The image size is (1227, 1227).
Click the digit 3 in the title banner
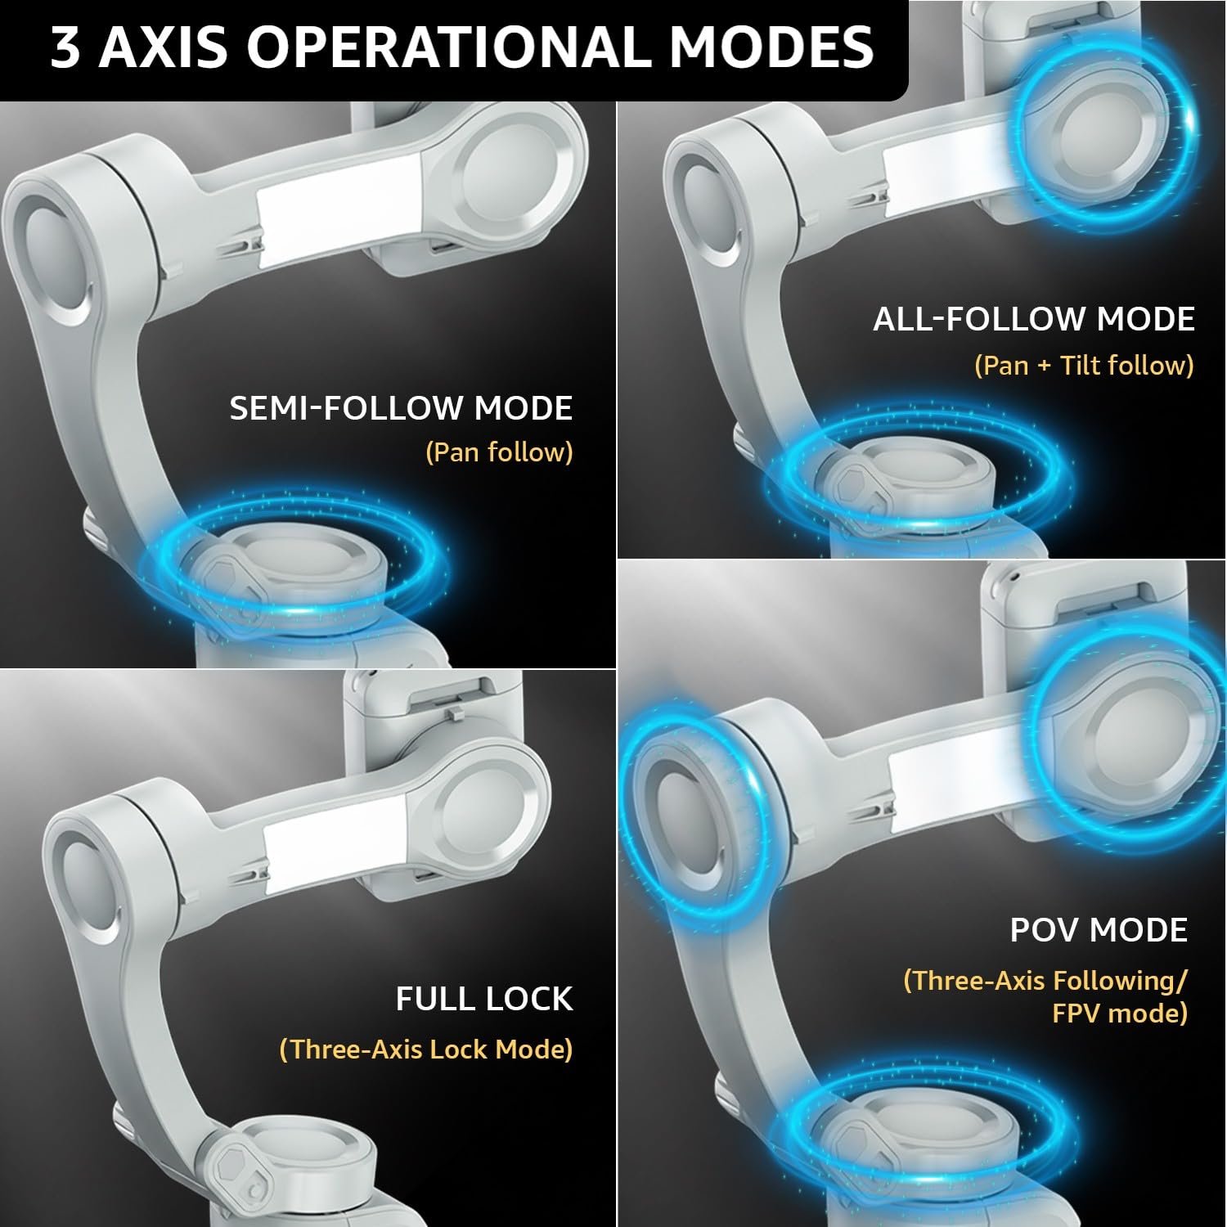pos(65,47)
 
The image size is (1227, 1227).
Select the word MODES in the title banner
pos(772,47)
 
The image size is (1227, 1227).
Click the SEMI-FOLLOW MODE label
pos(401,408)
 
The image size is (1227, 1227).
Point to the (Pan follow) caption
pos(499,452)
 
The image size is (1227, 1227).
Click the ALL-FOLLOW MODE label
pos(1034,319)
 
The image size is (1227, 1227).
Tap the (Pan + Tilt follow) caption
pos(1084,365)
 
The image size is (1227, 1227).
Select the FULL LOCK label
pos(484,999)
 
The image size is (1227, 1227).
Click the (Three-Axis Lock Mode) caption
pos(425,1049)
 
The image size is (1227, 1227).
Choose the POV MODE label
pos(1099,930)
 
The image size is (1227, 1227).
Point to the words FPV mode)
pos(1119,1014)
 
